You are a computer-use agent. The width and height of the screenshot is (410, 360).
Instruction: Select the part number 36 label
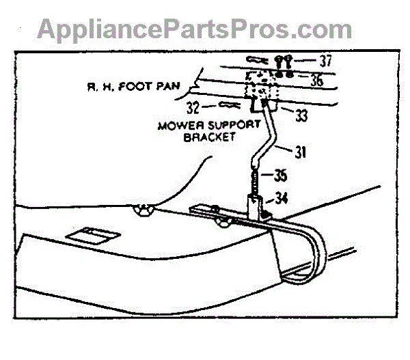coord(316,80)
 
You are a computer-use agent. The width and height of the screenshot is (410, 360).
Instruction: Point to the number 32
coord(193,107)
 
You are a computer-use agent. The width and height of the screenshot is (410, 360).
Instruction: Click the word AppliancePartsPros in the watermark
coord(160,29)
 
